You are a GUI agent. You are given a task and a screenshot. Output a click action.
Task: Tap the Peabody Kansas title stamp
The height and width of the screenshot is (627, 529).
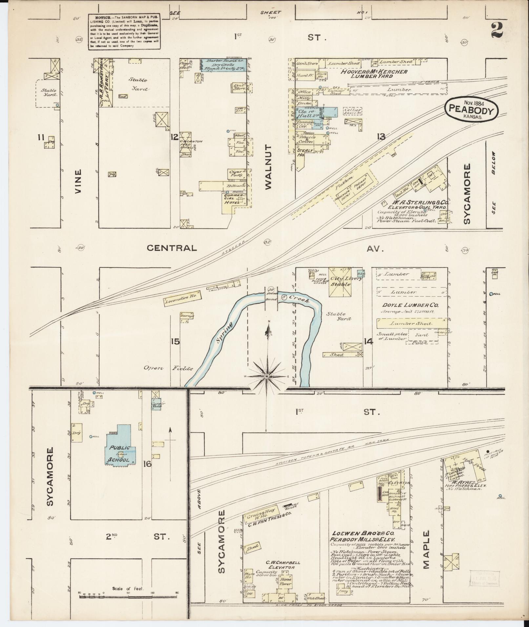point(471,110)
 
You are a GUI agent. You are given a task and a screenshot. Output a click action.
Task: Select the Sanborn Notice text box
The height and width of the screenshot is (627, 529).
point(124,31)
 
